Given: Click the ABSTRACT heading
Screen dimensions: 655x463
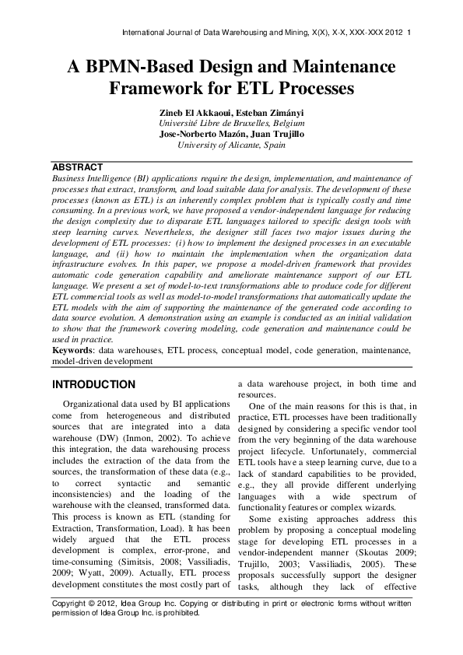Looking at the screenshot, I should click(77, 167).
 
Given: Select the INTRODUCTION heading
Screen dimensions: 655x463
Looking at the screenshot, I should click(93, 385).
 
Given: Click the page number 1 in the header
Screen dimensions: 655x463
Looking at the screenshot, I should click(409, 33).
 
